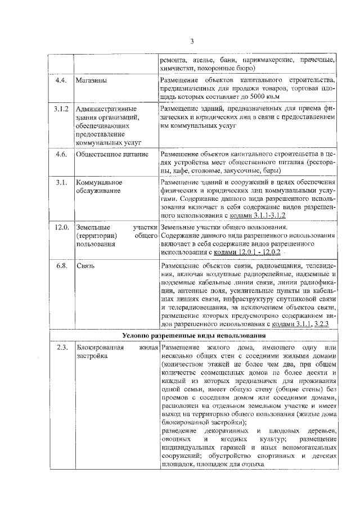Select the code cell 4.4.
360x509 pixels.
[x=61, y=80]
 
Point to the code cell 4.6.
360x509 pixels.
[x=61, y=154]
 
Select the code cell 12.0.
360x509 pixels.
[x=61, y=227]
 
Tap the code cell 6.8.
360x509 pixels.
[x=61, y=265]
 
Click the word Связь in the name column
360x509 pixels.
[x=87, y=265]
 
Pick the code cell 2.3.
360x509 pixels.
[x=61, y=347]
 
